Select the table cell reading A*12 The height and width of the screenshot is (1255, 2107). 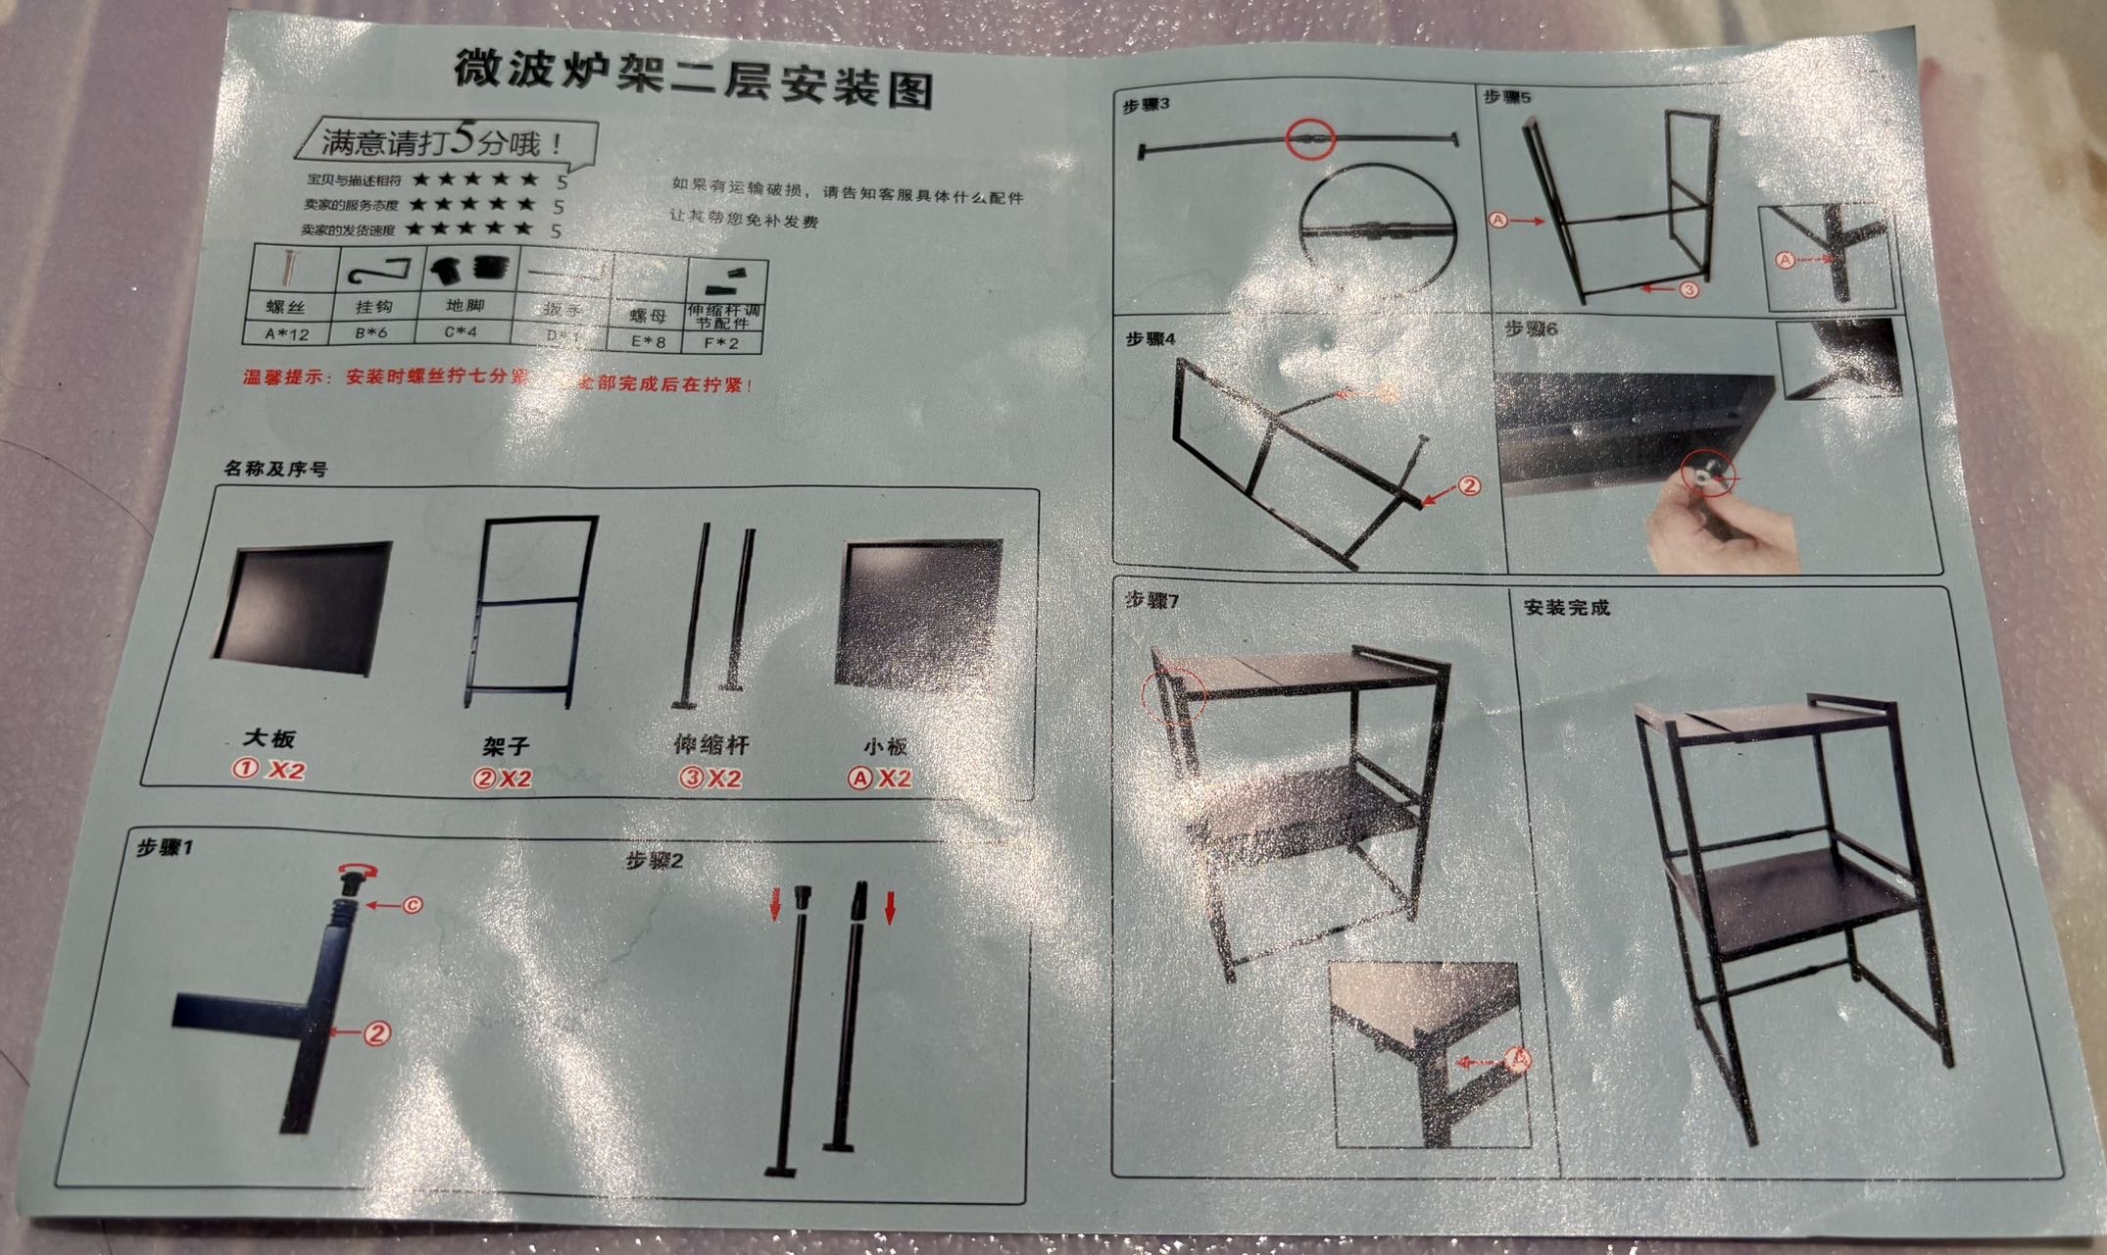[287, 333]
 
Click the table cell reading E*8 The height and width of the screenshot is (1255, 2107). [648, 341]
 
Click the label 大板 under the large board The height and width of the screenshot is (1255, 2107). [269, 738]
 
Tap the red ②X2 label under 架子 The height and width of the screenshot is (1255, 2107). [502, 778]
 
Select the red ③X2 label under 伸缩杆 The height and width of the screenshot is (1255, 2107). [711, 778]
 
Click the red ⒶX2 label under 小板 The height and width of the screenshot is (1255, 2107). [879, 778]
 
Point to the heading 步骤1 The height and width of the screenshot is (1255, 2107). [165, 847]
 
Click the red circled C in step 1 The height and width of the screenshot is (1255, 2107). [413, 905]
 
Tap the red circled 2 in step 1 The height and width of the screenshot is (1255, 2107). [377, 1032]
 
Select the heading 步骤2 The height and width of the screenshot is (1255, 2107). [654, 861]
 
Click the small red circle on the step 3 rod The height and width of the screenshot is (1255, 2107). [1310, 140]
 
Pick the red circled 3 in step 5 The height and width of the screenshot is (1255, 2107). [1689, 290]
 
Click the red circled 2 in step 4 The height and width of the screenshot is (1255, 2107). [1469, 485]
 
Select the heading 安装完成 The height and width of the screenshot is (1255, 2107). [1566, 608]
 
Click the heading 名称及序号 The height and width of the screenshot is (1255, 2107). [275, 469]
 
